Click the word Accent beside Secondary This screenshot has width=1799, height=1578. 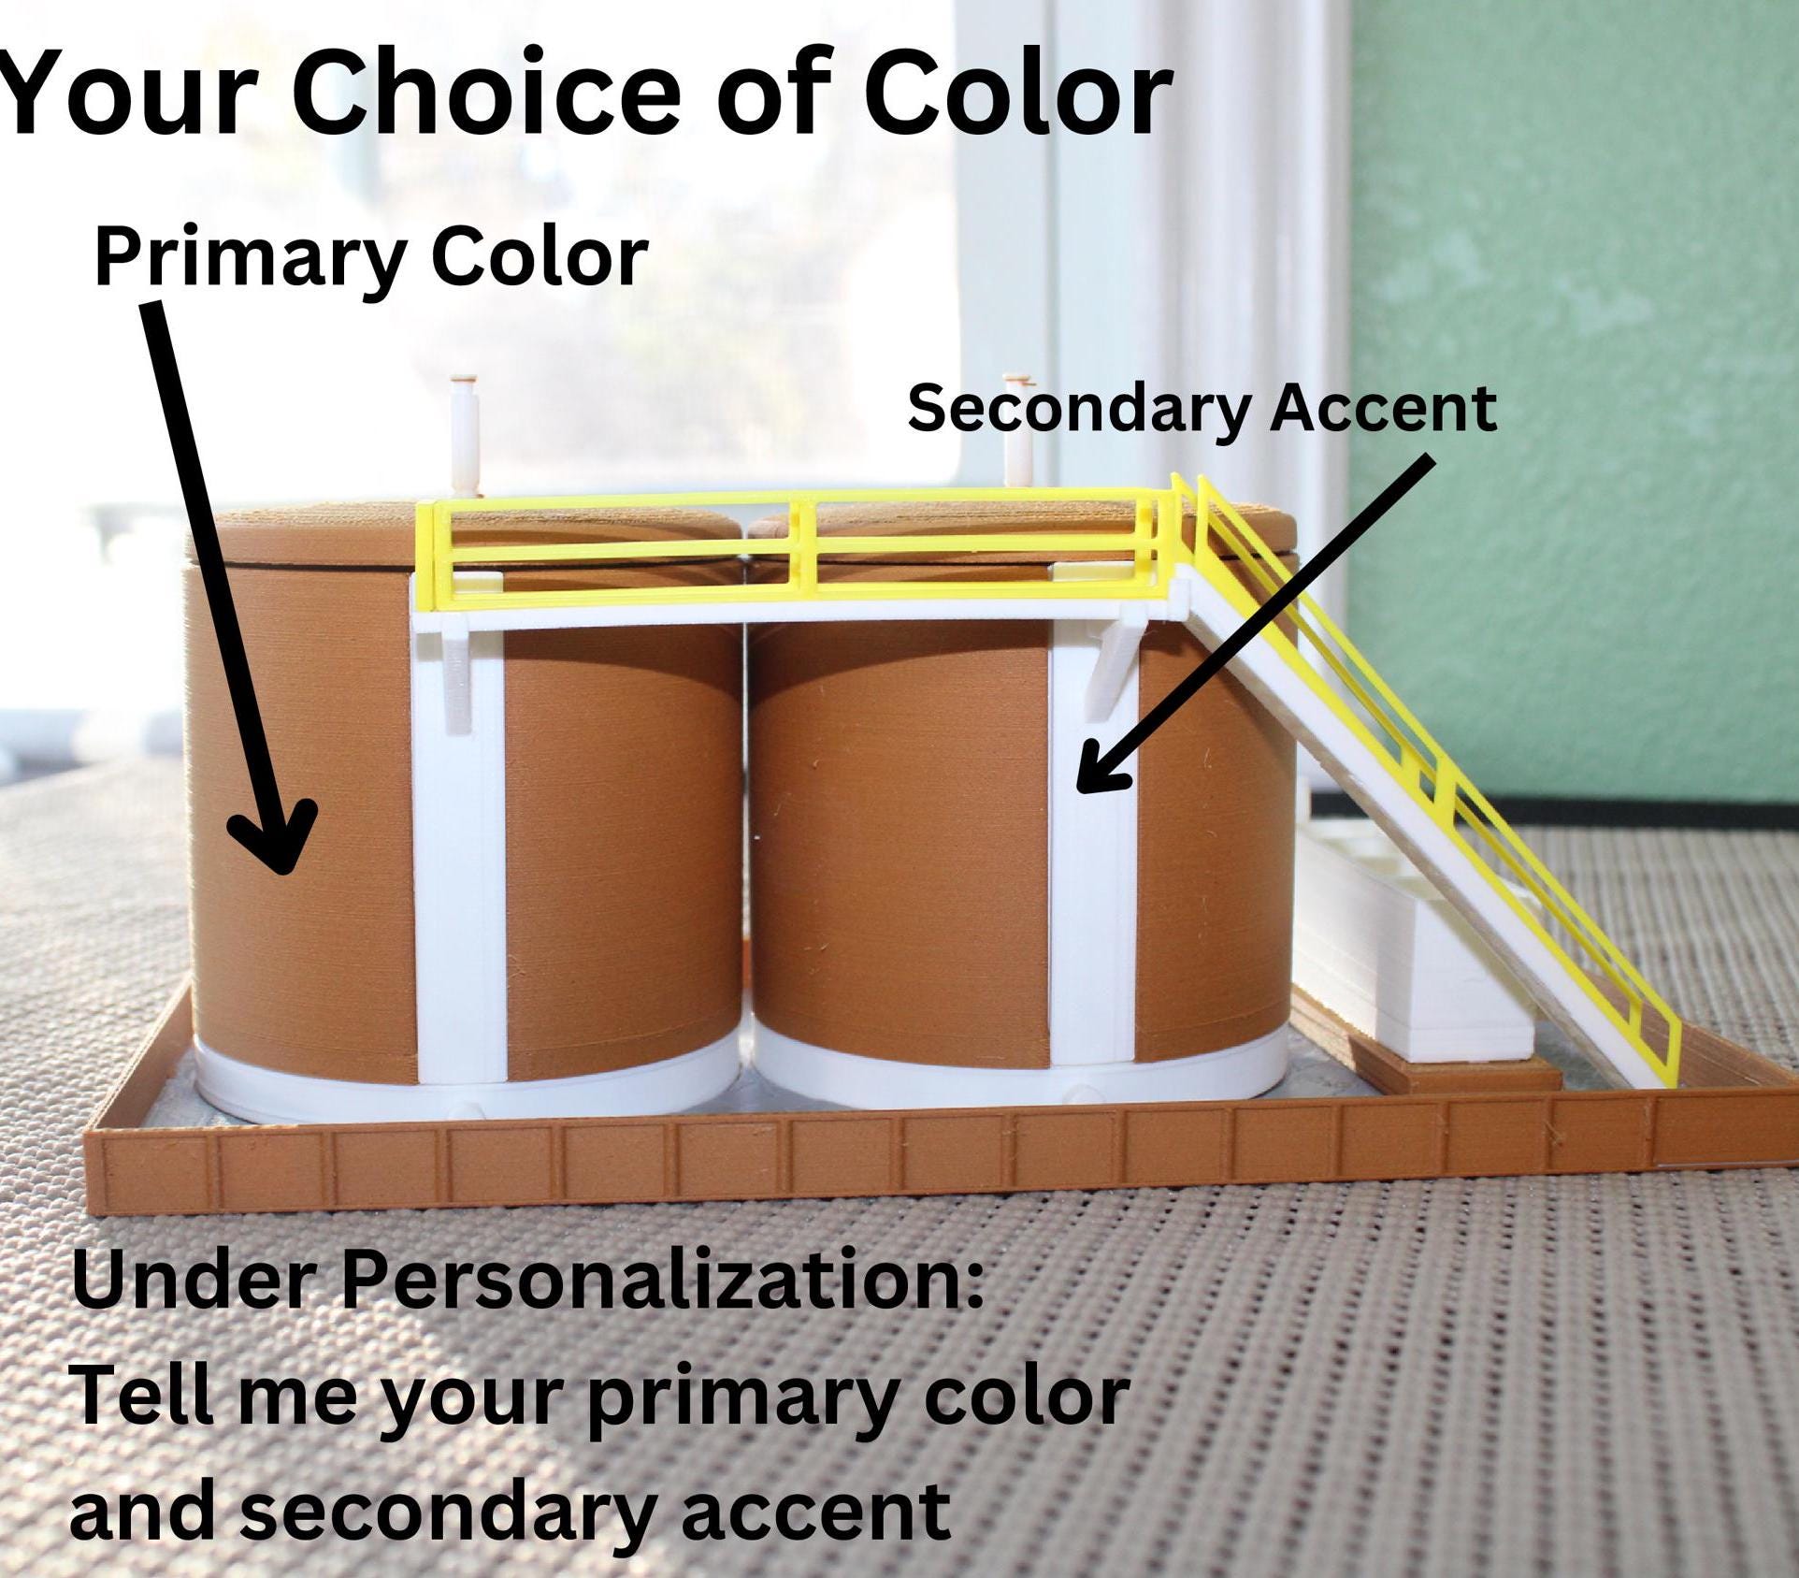coord(1383,410)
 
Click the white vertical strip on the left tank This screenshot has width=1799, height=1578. coord(458,842)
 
